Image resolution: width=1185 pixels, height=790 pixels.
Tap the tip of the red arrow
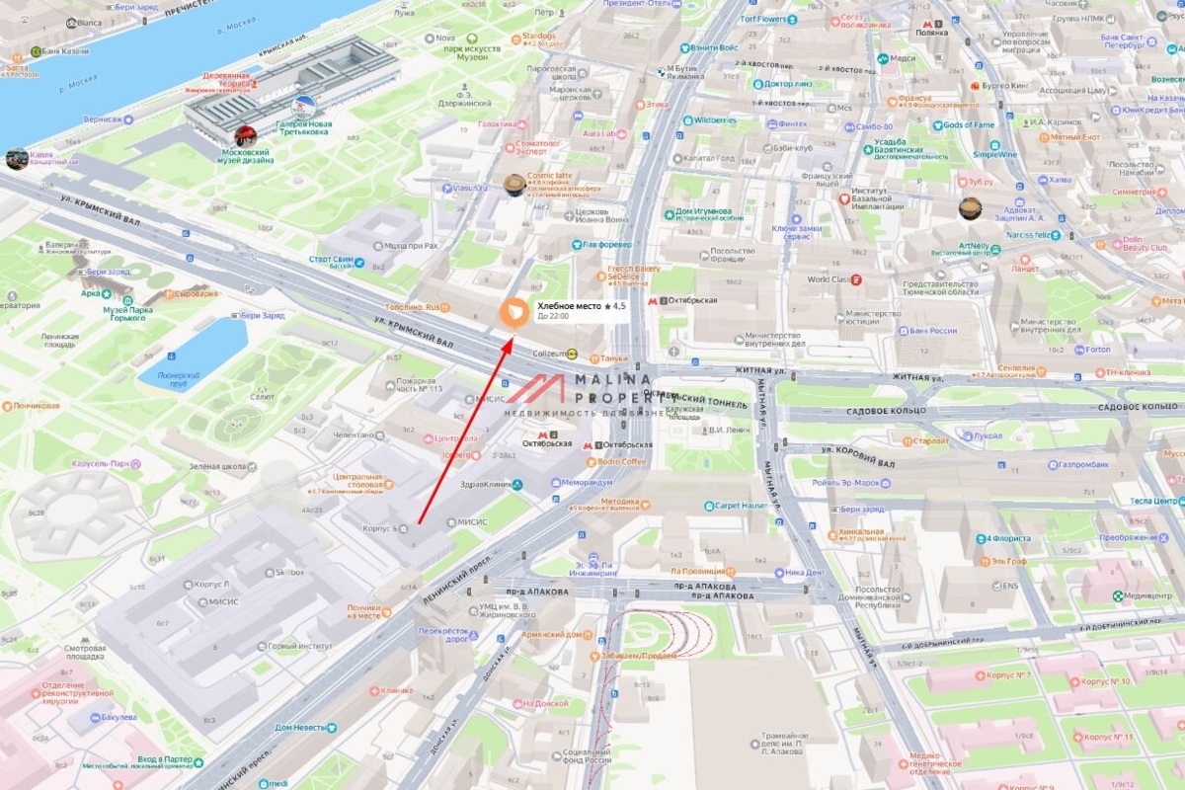pyautogui.click(x=512, y=339)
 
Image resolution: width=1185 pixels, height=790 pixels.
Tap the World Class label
pyautogui.click(x=828, y=279)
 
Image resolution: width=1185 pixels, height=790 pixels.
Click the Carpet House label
pyautogui.click(x=741, y=506)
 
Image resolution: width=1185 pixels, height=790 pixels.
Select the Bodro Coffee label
pyautogui.click(x=620, y=462)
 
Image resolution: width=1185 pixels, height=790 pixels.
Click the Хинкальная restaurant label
pyautogui.click(x=862, y=532)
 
